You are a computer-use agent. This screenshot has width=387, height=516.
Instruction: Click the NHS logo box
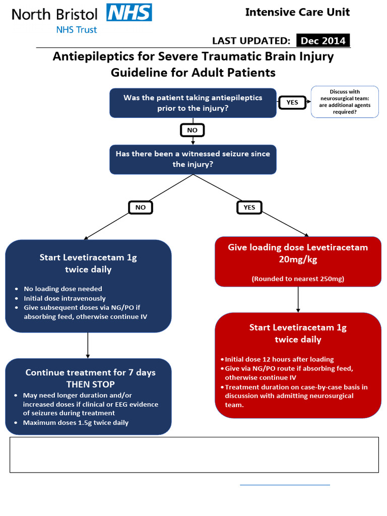point(130,12)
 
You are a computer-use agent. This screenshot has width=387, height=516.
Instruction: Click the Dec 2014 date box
point(322,41)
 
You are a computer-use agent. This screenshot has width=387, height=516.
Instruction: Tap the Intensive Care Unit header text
point(297,12)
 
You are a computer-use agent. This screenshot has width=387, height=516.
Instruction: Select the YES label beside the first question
point(292,102)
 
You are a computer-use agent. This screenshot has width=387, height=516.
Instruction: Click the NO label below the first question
point(192,130)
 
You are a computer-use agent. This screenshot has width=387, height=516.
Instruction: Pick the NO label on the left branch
point(141,207)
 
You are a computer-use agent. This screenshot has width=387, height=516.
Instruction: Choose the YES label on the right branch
point(249,207)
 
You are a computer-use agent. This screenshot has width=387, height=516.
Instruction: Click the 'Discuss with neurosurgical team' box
point(345,102)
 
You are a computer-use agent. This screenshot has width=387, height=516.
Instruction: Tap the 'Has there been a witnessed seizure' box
point(192,159)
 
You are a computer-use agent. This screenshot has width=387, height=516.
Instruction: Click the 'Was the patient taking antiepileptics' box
point(192,103)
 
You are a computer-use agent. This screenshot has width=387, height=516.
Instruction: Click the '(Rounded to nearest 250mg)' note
point(298,278)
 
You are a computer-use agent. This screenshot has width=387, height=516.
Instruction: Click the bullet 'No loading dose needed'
point(63,289)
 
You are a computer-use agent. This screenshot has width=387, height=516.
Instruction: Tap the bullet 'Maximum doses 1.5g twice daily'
point(76,422)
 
